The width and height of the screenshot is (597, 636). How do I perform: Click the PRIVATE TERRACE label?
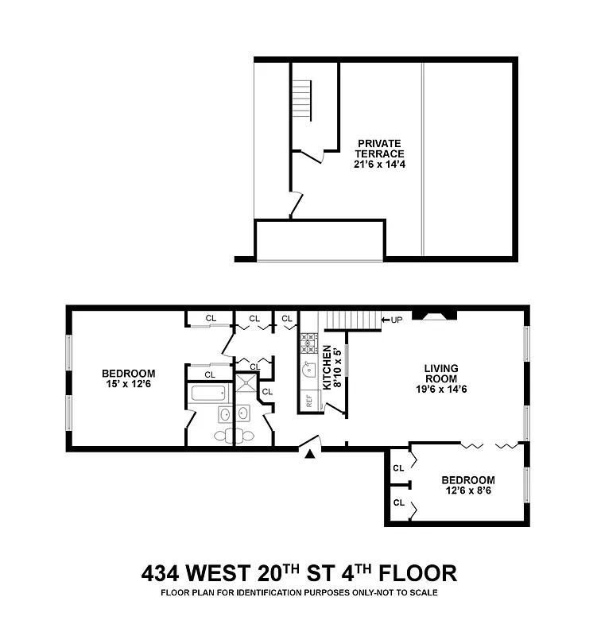(x=380, y=149)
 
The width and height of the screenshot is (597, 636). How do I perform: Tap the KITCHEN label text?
(x=327, y=367)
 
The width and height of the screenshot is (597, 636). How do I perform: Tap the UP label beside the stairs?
(x=393, y=320)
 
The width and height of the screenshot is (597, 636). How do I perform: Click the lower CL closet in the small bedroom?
(x=399, y=502)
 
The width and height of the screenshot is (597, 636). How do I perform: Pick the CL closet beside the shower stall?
(x=267, y=391)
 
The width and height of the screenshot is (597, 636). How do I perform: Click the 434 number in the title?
(x=162, y=573)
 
